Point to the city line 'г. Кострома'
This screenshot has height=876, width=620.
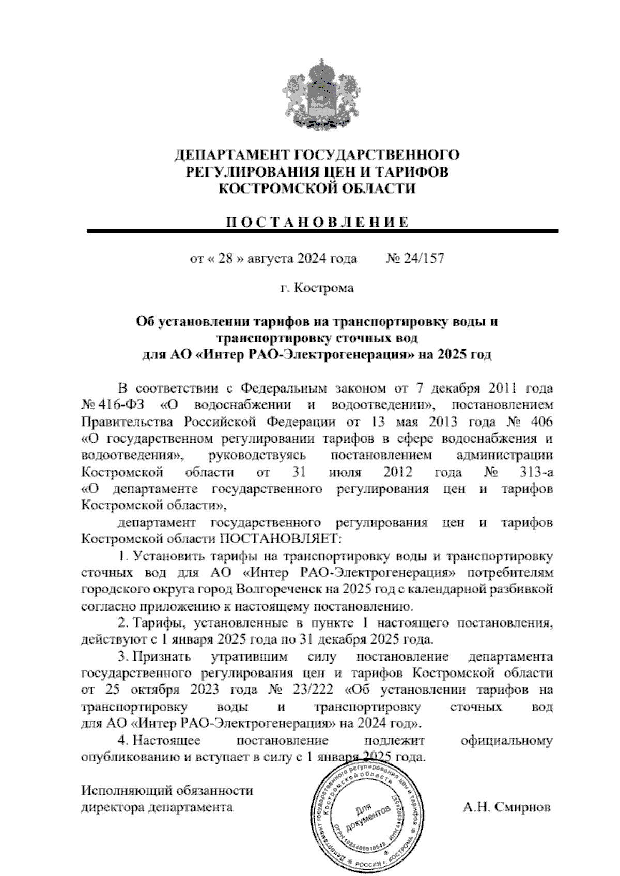pyautogui.click(x=317, y=288)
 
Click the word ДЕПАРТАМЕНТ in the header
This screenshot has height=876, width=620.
pyautogui.click(x=231, y=154)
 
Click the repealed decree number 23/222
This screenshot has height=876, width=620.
pyautogui.click(x=314, y=690)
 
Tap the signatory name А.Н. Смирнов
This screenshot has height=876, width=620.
pyautogui.click(x=506, y=807)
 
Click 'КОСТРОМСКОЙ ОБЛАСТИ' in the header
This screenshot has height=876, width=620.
pyautogui.click(x=317, y=189)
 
